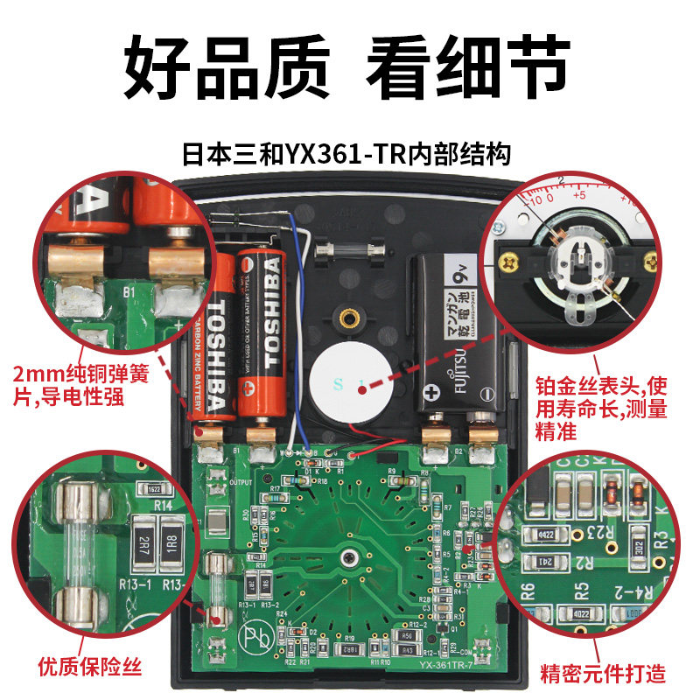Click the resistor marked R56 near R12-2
[x=405, y=636]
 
